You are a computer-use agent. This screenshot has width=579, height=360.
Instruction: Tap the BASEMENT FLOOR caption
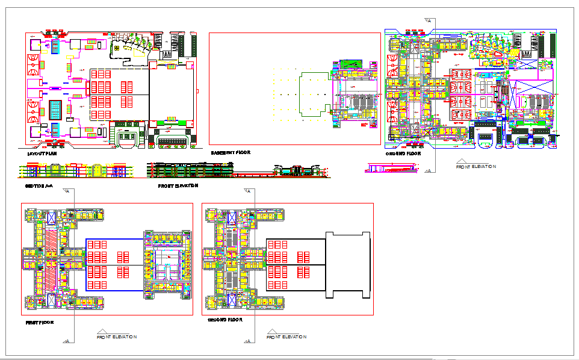[227, 154]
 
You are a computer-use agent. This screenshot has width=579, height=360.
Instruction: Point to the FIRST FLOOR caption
[39, 322]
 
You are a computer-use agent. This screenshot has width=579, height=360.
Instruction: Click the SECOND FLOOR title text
[224, 320]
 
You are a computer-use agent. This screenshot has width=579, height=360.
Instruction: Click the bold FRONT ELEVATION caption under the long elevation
[178, 186]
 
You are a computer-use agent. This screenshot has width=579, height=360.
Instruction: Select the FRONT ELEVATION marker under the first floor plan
[117, 337]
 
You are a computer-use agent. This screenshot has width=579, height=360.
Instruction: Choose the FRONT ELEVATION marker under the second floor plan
[286, 337]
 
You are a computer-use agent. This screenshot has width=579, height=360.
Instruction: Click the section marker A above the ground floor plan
[429, 20]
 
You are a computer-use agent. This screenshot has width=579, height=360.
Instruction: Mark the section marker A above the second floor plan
[247, 191]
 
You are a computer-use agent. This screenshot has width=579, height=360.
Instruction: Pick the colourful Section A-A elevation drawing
[75, 171]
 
